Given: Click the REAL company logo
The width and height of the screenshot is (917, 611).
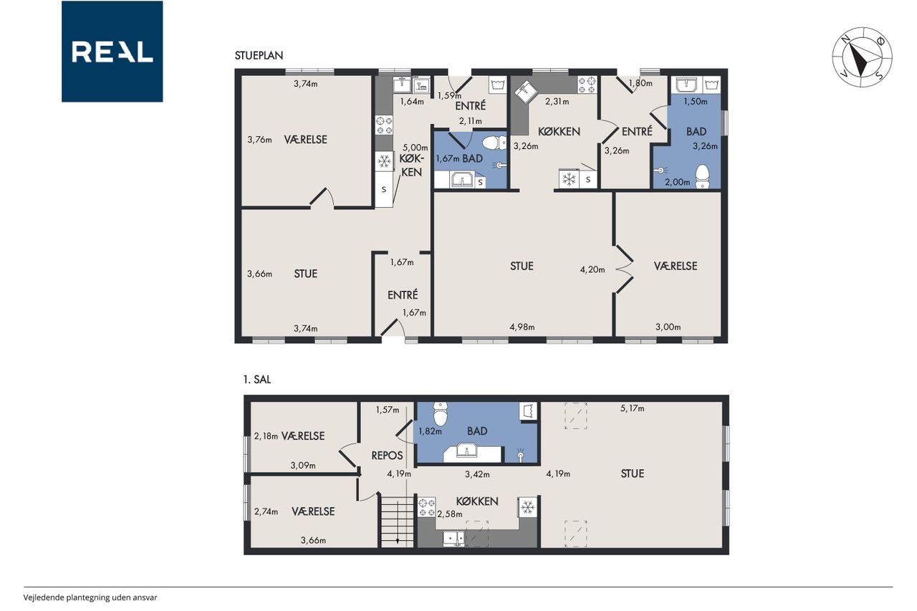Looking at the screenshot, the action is [x=112, y=52].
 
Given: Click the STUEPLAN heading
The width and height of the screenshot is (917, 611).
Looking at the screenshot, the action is [x=259, y=56].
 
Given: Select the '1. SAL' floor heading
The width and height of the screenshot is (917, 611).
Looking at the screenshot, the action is [x=257, y=380].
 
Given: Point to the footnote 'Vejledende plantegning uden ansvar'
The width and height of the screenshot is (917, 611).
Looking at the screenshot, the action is [x=90, y=597].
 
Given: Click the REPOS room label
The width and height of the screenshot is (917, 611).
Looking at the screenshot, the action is [x=387, y=456].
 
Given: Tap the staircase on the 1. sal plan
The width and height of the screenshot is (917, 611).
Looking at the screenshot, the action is [x=398, y=521].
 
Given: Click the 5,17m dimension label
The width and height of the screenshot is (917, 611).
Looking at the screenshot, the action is [x=632, y=408].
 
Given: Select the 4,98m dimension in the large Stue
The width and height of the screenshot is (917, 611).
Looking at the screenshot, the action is [x=522, y=327].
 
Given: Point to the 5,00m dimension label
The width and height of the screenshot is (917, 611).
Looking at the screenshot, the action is [x=415, y=148].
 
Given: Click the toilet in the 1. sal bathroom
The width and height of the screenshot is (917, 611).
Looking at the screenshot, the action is [x=441, y=414].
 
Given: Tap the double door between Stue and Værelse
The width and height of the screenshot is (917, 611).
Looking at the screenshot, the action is [x=624, y=269].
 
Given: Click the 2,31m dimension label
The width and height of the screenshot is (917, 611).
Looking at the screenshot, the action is [x=557, y=102].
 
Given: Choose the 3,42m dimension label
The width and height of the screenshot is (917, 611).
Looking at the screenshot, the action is [x=477, y=474].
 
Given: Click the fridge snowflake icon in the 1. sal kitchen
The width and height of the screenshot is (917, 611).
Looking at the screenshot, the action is [x=527, y=507].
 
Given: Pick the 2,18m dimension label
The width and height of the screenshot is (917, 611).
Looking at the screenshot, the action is [x=266, y=436].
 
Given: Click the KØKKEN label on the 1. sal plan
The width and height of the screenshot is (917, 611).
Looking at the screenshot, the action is [x=477, y=501].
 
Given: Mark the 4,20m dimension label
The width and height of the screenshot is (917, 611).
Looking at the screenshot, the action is [x=592, y=269].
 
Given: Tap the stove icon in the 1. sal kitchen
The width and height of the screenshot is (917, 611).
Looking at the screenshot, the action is [x=426, y=507].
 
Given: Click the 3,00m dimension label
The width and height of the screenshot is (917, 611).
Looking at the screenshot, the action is [x=668, y=327].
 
